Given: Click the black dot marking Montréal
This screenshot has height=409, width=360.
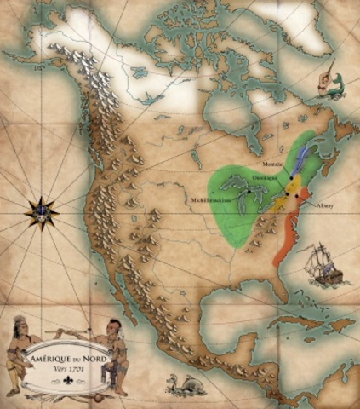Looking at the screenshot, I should coord(287,172).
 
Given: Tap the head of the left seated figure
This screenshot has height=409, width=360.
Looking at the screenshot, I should coord(20,325).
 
